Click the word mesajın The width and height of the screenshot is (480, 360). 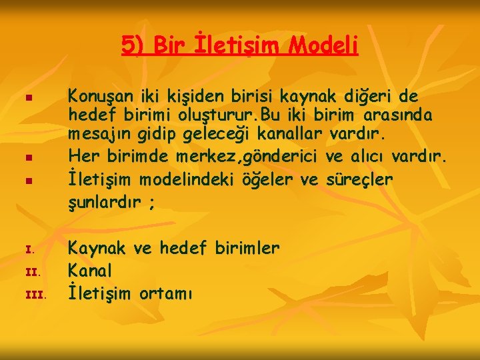pos(100,136)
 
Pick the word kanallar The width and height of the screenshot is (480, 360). pos(291,136)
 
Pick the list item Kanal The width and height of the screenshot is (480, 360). pos(91,271)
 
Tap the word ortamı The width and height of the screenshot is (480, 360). pos(166,293)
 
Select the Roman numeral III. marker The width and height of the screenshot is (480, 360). pos(33,294)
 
